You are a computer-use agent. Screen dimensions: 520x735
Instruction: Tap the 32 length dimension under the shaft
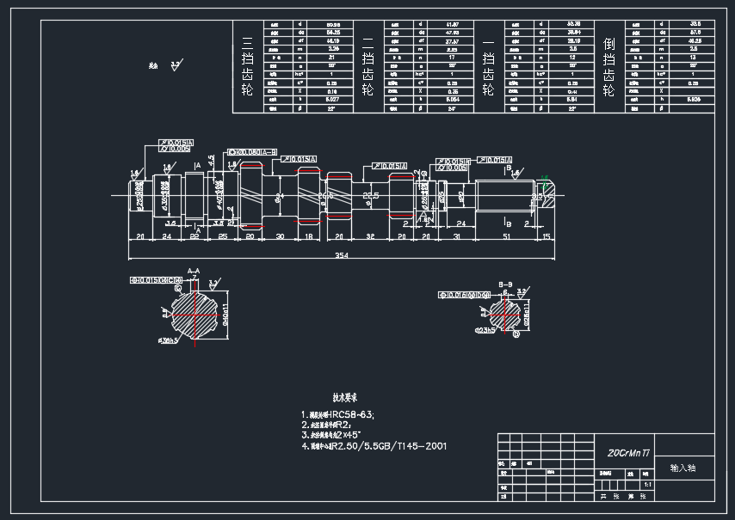pyautogui.click(x=370, y=236)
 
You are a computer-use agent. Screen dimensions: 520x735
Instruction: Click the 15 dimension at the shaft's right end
pyautogui.click(x=546, y=236)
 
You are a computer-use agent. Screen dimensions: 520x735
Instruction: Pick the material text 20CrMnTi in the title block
pyautogui.click(x=628, y=451)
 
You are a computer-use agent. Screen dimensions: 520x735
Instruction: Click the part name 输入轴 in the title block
pyautogui.click(x=682, y=468)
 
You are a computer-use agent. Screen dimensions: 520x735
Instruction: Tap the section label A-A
pyautogui.click(x=195, y=270)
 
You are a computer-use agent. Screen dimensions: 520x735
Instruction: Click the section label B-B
pyautogui.click(x=505, y=282)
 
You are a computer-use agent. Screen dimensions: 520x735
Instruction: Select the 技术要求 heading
pyautogui.click(x=345, y=398)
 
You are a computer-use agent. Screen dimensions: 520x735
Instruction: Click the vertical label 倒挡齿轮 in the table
pyautogui.click(x=608, y=67)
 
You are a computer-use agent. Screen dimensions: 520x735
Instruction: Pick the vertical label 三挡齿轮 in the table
pyautogui.click(x=247, y=67)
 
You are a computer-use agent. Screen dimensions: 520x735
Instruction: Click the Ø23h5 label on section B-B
pyautogui.click(x=484, y=330)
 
